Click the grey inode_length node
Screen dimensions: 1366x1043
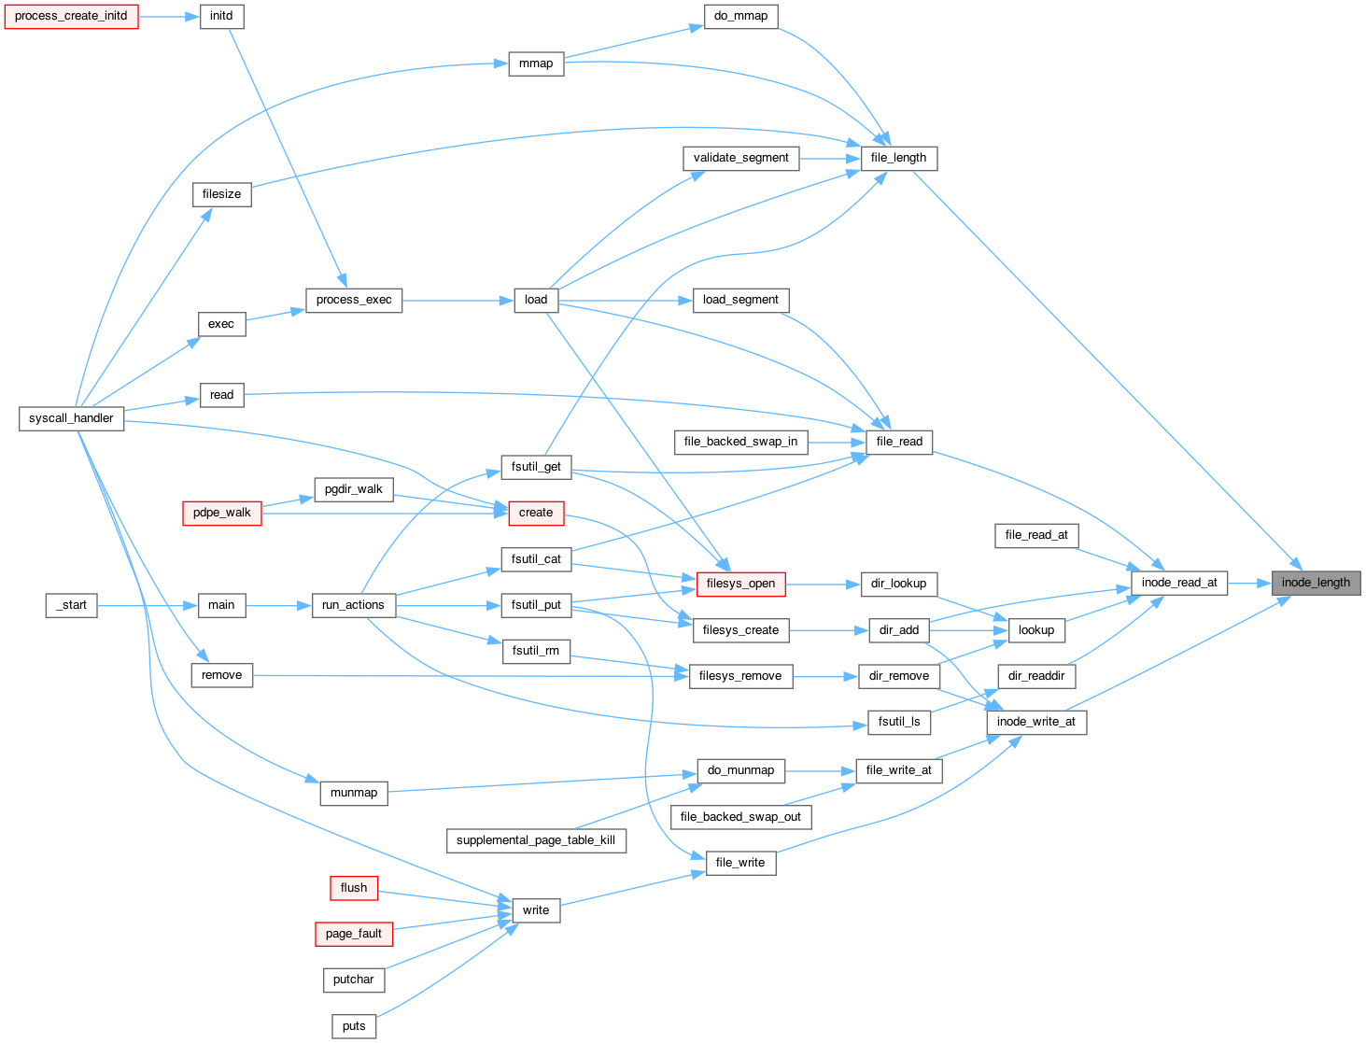(x=1316, y=583)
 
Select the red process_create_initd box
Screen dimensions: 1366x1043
(x=71, y=16)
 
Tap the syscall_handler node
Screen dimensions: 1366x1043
(x=71, y=418)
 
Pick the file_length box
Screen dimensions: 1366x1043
(x=898, y=158)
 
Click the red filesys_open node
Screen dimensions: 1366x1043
(x=740, y=584)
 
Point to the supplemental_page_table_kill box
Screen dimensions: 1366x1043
(x=536, y=840)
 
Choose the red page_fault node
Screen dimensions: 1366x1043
(x=354, y=934)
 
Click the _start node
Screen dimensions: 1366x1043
(x=71, y=605)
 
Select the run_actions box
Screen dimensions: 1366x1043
(x=354, y=605)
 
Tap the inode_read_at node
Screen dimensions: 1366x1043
(x=1179, y=583)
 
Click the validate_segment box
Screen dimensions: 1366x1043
(x=740, y=158)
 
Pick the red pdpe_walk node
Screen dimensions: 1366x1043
(x=221, y=514)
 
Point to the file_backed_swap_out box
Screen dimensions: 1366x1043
(x=740, y=817)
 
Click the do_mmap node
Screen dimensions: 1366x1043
(x=740, y=16)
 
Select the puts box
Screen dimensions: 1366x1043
(x=354, y=1027)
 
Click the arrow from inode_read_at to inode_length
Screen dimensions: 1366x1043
(x=1249, y=584)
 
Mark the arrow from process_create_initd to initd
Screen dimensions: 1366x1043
(x=169, y=17)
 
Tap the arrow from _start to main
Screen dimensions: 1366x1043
(x=148, y=605)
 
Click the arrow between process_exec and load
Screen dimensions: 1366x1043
(x=458, y=301)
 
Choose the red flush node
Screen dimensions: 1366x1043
(x=354, y=888)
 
